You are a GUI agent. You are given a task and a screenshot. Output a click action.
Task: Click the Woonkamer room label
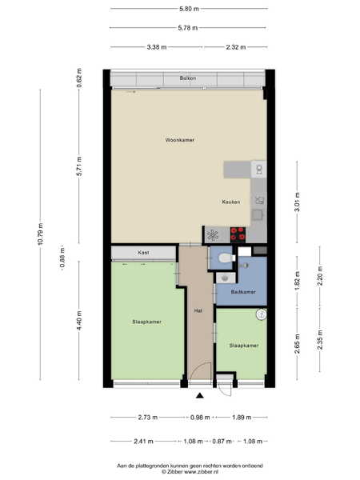tap(180, 140)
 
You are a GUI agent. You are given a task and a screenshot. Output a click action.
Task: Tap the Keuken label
tap(231, 202)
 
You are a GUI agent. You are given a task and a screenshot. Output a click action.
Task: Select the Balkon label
tap(188, 78)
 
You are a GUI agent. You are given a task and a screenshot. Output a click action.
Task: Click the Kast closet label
tap(143, 253)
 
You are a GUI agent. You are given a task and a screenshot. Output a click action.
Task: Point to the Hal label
tap(198, 310)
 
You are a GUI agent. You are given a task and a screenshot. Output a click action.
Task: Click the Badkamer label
tap(243, 292)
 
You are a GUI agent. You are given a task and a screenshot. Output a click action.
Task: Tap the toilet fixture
tap(226, 258)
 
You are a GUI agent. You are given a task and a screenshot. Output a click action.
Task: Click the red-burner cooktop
tap(238, 234)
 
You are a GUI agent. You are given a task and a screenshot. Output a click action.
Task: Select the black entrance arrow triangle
tap(200, 395)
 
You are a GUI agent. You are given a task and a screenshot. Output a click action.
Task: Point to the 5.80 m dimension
tap(189, 9)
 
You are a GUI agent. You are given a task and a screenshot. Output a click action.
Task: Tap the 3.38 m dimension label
tap(157, 47)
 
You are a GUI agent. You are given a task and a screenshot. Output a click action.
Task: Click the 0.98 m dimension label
tap(200, 418)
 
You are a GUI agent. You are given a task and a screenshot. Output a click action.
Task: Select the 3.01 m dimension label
tap(297, 202)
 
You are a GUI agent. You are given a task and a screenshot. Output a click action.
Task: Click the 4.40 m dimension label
tap(79, 321)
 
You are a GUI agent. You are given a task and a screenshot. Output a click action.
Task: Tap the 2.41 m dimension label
tap(143, 442)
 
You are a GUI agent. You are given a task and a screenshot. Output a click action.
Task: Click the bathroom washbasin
tap(226, 278)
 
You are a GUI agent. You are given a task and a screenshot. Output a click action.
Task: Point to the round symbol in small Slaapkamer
tap(262, 314)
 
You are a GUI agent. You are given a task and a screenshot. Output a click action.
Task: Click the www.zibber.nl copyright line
tap(190, 472)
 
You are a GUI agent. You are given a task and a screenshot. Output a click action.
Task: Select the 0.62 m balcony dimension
tap(79, 78)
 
